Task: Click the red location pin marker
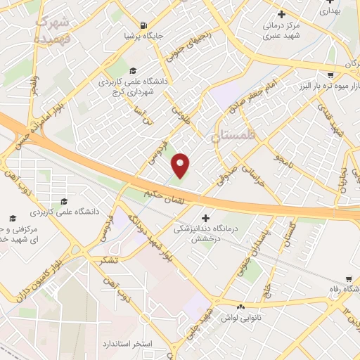[x=181, y=165]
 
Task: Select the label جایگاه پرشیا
[x=143, y=34]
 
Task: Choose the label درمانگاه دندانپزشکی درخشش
[x=206, y=233]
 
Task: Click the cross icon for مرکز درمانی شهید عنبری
[x=282, y=14]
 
